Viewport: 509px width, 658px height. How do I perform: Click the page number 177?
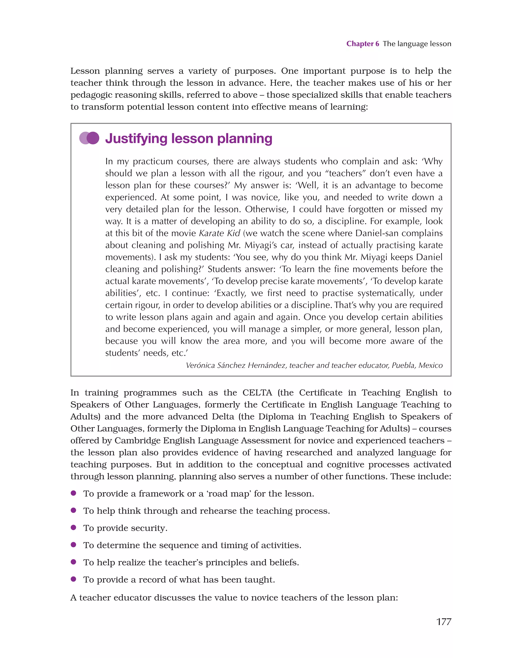click(x=444, y=621)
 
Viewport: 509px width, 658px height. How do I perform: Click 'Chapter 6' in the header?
click(x=362, y=44)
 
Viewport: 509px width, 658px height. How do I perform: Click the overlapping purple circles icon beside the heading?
click(x=89, y=138)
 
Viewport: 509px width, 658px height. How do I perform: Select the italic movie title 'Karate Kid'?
click(x=219, y=233)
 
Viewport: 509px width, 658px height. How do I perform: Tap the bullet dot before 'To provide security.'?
click(x=73, y=527)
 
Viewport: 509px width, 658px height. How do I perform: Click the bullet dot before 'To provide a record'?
click(x=73, y=579)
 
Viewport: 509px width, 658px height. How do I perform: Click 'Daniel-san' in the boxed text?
click(x=377, y=233)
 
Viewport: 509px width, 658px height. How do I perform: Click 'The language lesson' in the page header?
click(x=417, y=44)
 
